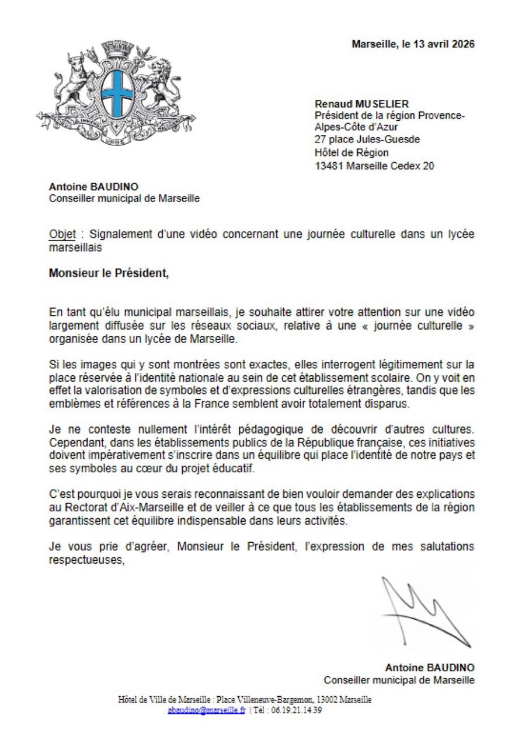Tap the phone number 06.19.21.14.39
[297, 710]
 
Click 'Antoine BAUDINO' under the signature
[429, 668]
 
